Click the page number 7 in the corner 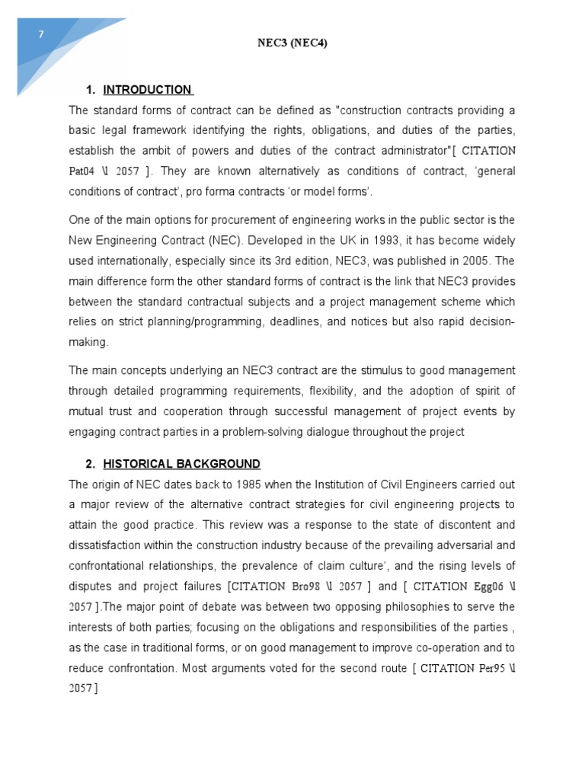point(43,34)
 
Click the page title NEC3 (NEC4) point(293,43)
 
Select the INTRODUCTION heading point(147,90)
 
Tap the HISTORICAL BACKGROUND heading point(181,464)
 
